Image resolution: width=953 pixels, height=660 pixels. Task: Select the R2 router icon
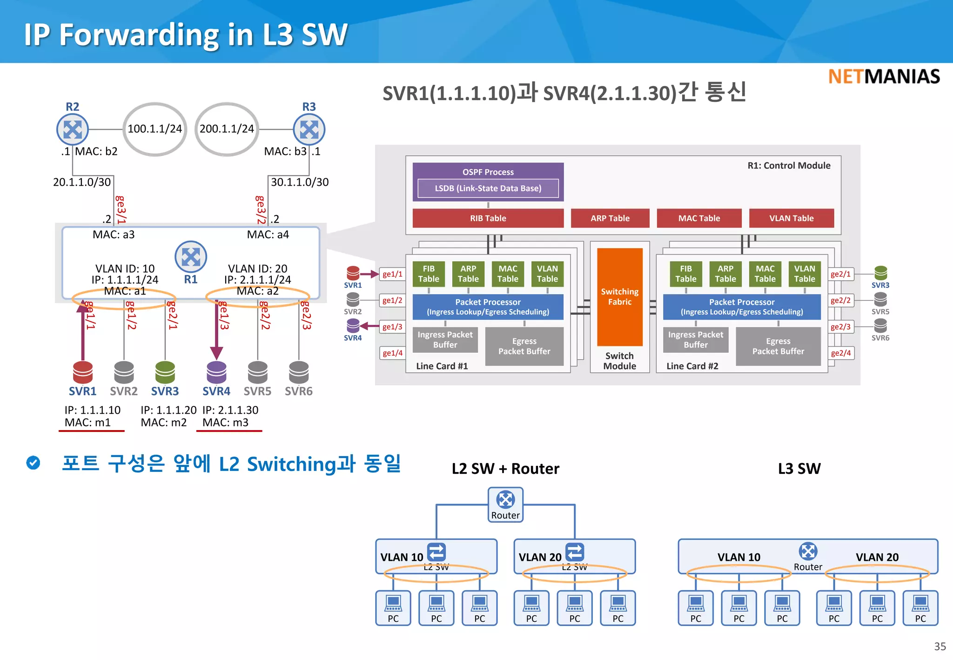[73, 129]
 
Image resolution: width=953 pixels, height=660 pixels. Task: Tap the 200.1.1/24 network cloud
[227, 129]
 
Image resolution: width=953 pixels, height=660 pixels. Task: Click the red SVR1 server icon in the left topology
[83, 372]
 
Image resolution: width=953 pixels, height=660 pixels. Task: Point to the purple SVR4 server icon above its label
[216, 372]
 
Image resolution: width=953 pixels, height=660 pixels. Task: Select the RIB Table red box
[488, 218]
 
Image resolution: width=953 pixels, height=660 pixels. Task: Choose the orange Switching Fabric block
[619, 296]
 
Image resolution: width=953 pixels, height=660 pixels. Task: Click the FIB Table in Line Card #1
[428, 274]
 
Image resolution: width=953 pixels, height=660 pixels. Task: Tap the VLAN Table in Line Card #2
[804, 274]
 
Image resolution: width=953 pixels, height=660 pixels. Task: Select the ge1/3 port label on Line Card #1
[392, 327]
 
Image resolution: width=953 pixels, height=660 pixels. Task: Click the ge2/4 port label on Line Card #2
[840, 353]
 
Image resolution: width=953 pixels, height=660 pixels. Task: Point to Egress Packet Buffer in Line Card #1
[524, 346]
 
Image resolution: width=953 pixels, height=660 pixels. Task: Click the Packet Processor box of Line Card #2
[741, 307]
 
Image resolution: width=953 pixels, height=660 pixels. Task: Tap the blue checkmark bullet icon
[33, 463]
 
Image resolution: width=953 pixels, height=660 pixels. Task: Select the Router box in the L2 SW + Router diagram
[505, 505]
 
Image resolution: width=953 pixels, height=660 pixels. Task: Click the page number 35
[940, 647]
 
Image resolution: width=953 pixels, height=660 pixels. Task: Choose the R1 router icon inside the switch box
[191, 256]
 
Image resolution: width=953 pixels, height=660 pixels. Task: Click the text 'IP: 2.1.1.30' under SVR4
[230, 410]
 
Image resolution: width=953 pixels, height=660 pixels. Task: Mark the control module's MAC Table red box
[698, 218]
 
